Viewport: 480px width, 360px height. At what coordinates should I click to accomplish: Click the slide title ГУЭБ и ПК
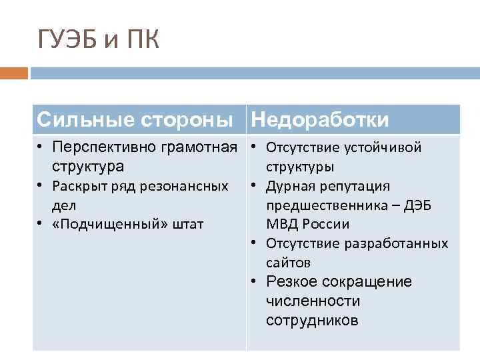coord(99,39)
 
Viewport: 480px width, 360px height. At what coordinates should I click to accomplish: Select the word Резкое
coord(291,282)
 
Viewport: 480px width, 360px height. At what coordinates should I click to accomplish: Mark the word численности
coord(313,301)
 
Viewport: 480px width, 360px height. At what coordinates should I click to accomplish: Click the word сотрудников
coord(312,321)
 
